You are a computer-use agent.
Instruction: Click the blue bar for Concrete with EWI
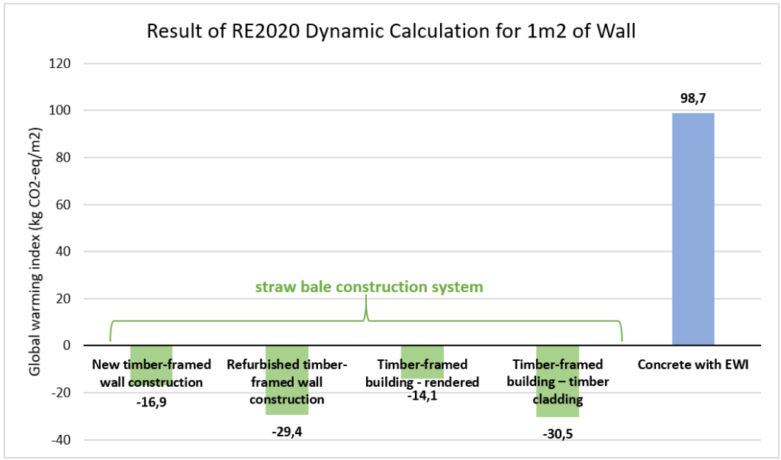tap(693, 229)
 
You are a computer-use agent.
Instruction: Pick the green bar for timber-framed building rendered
tap(422, 351)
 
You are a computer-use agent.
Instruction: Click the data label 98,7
tap(693, 99)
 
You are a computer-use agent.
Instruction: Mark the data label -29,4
tap(287, 432)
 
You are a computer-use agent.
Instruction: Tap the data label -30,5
tap(558, 435)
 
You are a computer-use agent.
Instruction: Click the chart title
tap(390, 31)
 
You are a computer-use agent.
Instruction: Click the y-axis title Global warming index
tap(34, 253)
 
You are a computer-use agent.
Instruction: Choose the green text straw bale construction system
tap(368, 288)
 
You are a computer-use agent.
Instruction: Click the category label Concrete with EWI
tap(693, 365)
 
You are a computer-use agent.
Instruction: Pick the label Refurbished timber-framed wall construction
tap(286, 381)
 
